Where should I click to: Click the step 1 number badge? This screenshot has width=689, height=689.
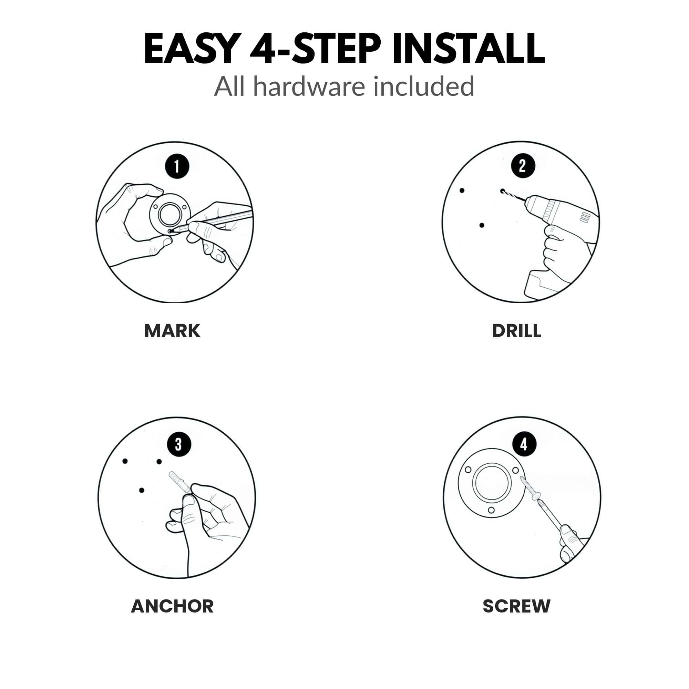point(177,166)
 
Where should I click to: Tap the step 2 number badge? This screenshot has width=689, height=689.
point(523,166)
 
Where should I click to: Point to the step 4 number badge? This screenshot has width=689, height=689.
point(524,444)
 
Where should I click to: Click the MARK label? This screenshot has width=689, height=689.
point(172,331)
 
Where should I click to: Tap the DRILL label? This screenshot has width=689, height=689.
point(516,331)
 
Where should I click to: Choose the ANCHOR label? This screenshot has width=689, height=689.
point(172,606)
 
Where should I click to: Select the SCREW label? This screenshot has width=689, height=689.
point(516,606)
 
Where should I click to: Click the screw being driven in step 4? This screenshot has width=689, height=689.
point(531,488)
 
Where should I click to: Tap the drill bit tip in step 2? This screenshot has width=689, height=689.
point(503,192)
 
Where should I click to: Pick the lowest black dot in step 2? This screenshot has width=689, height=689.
point(482,225)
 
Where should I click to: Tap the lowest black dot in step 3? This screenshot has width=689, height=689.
point(142,490)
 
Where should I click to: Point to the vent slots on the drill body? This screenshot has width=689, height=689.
point(585,217)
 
